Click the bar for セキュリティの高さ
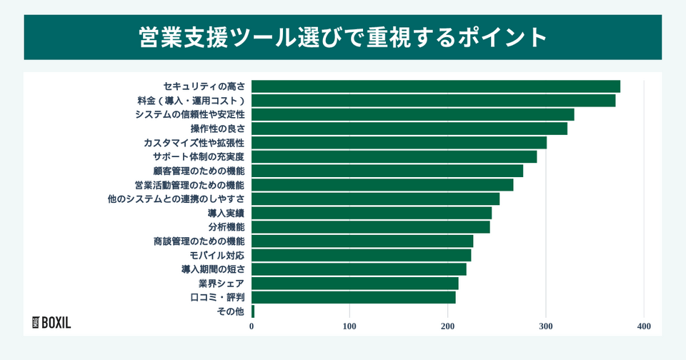tap(436, 86)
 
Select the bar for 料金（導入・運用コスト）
tap(433, 101)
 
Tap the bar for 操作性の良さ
tap(409, 129)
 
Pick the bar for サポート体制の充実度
tap(394, 156)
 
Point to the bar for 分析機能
tap(371, 227)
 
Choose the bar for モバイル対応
tap(362, 255)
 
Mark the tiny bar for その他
tap(253, 311)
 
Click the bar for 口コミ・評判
tap(354, 297)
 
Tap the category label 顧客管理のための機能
tap(199, 171)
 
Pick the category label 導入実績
tap(226, 213)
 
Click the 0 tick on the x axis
tap(252, 326)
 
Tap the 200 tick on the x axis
tap(448, 326)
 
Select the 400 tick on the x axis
tap(644, 326)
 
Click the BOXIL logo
tap(52, 322)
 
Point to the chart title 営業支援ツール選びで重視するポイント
tap(343, 37)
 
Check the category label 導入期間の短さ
tap(213, 269)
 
